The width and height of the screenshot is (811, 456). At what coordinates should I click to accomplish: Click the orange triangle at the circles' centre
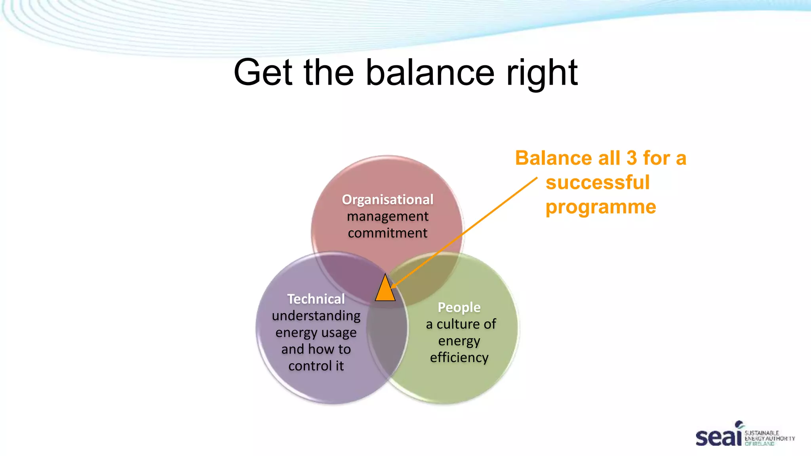(385, 290)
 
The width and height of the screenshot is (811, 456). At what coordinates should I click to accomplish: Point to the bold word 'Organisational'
(388, 199)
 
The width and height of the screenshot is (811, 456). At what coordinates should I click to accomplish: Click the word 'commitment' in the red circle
(388, 233)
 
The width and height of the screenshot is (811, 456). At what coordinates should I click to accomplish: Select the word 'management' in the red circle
(388, 216)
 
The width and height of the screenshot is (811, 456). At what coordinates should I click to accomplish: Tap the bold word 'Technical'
(316, 299)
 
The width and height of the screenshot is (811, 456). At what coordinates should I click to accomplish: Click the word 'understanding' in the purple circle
(316, 315)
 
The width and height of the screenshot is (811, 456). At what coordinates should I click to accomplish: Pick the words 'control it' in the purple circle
(316, 366)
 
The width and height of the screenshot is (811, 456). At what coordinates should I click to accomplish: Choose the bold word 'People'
(459, 307)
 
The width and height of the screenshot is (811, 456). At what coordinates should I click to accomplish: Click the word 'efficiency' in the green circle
(459, 357)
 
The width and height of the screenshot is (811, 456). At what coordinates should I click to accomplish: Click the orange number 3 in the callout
(632, 158)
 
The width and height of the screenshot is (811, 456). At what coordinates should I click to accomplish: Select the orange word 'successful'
(598, 182)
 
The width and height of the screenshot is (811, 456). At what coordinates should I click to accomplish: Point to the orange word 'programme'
(601, 207)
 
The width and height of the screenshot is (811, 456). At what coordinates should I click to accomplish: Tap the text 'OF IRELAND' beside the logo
(759, 444)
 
